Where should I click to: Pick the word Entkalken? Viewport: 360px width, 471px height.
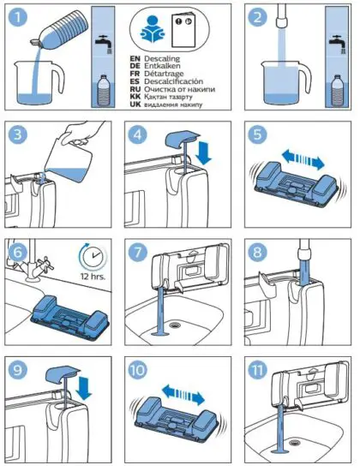pos(171,69)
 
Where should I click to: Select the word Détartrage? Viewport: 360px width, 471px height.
pos(172,79)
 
